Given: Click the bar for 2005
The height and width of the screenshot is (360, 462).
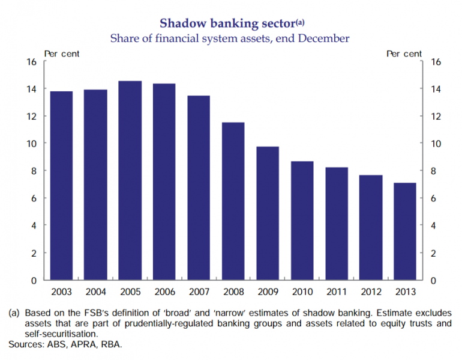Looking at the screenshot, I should (130, 180).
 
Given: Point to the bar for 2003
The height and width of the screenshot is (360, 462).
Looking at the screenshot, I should (61, 186).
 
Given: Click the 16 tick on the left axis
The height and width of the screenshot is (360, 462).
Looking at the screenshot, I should (31, 62).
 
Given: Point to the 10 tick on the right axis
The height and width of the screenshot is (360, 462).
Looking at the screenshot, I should (436, 144).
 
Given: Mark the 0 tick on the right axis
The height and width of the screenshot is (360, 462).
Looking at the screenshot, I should (434, 281).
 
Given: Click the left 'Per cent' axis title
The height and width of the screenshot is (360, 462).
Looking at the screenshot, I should (62, 53).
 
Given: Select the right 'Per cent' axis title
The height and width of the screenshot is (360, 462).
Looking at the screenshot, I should (404, 53).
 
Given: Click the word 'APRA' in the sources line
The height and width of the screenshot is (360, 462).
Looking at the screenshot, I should (78, 344).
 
